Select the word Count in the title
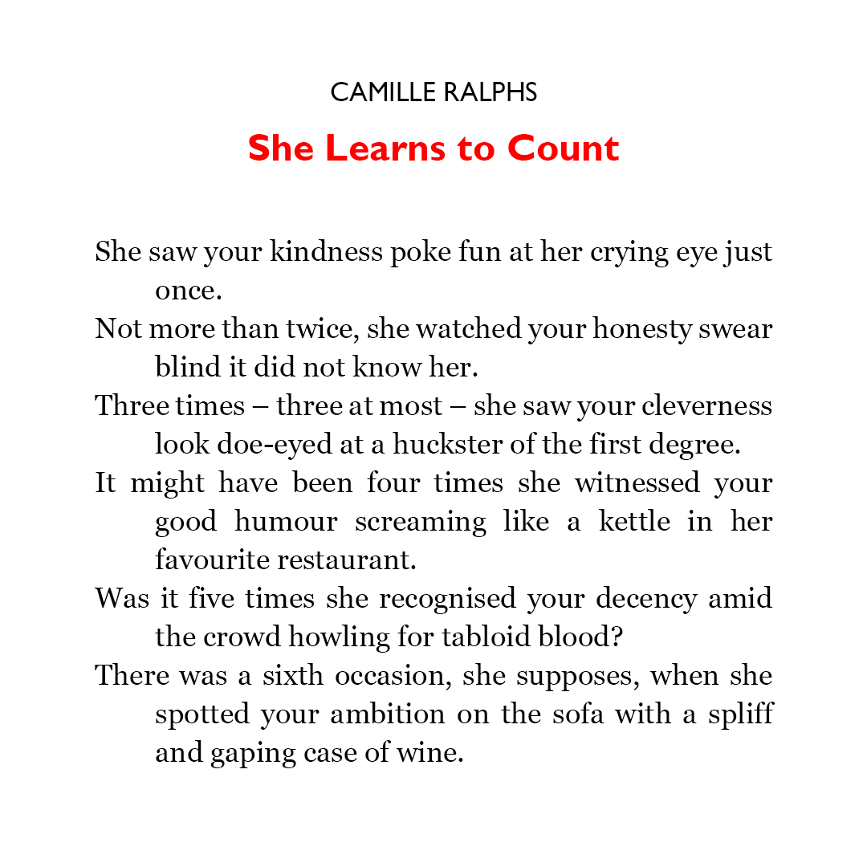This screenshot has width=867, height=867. point(563,149)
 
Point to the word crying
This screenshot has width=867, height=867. point(627,252)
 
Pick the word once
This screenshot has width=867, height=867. point(188,291)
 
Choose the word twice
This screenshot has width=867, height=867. point(332,329)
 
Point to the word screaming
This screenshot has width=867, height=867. point(421,522)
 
